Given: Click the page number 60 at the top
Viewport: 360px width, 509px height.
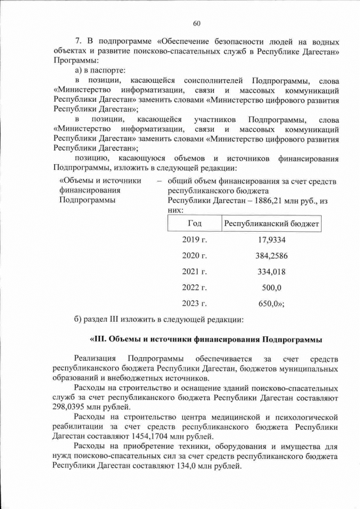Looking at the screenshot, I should (x=196, y=23).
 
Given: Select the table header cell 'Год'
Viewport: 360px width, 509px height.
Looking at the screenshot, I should (x=194, y=224).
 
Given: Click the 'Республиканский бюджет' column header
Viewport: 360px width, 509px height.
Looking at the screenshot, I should (x=272, y=224).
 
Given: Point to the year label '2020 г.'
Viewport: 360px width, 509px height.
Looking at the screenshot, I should (x=195, y=256).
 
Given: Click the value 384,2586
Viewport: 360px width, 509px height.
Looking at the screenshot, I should (x=272, y=256).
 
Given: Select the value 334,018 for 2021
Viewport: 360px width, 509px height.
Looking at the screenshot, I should (x=272, y=272).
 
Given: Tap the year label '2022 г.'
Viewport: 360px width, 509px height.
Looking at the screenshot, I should (x=195, y=287).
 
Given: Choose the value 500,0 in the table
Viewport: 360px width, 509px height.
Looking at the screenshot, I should (x=272, y=287).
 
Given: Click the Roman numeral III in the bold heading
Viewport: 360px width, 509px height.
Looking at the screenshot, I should (x=98, y=340).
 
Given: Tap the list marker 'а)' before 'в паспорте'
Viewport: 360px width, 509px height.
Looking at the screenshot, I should (x=79, y=71).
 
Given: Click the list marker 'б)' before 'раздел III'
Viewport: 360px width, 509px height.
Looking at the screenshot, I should (x=79, y=320).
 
